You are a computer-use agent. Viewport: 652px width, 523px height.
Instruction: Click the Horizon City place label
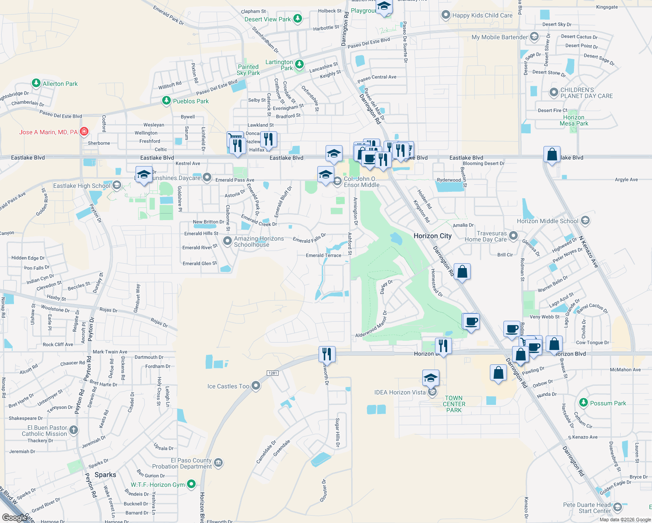click(x=432, y=236)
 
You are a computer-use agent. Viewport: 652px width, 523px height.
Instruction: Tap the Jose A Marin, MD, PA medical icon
click(x=84, y=132)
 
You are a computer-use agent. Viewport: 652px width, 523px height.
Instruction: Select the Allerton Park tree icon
click(x=36, y=83)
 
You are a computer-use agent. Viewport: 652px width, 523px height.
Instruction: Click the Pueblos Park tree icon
click(x=166, y=101)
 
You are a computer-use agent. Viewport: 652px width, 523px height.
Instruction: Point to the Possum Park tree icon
click(x=583, y=403)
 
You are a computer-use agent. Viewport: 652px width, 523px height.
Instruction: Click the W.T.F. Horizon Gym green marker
click(x=191, y=484)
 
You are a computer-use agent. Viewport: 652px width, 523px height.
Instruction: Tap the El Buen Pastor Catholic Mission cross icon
click(x=74, y=430)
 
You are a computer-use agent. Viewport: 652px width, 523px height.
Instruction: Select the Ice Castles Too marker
click(x=256, y=386)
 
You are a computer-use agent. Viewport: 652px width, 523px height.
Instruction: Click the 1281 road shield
click(x=272, y=373)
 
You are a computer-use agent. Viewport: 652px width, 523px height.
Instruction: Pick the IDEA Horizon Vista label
click(x=400, y=392)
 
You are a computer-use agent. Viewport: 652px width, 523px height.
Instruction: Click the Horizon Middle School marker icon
click(x=585, y=221)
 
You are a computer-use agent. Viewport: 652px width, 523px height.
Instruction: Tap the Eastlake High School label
click(x=81, y=186)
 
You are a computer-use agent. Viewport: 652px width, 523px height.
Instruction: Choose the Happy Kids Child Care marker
click(x=445, y=15)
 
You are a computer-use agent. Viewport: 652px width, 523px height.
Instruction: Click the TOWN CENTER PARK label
click(x=454, y=404)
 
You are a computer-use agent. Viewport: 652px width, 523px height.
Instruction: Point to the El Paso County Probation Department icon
click(x=218, y=462)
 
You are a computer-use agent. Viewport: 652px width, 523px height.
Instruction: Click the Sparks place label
click(x=105, y=475)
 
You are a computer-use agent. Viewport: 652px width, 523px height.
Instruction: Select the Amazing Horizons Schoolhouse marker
click(x=227, y=241)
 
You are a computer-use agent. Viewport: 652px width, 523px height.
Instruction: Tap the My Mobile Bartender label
click(x=499, y=37)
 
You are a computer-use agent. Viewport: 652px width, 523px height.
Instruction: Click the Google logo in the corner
click(x=15, y=517)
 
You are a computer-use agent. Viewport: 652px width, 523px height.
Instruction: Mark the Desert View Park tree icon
click(x=298, y=19)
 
